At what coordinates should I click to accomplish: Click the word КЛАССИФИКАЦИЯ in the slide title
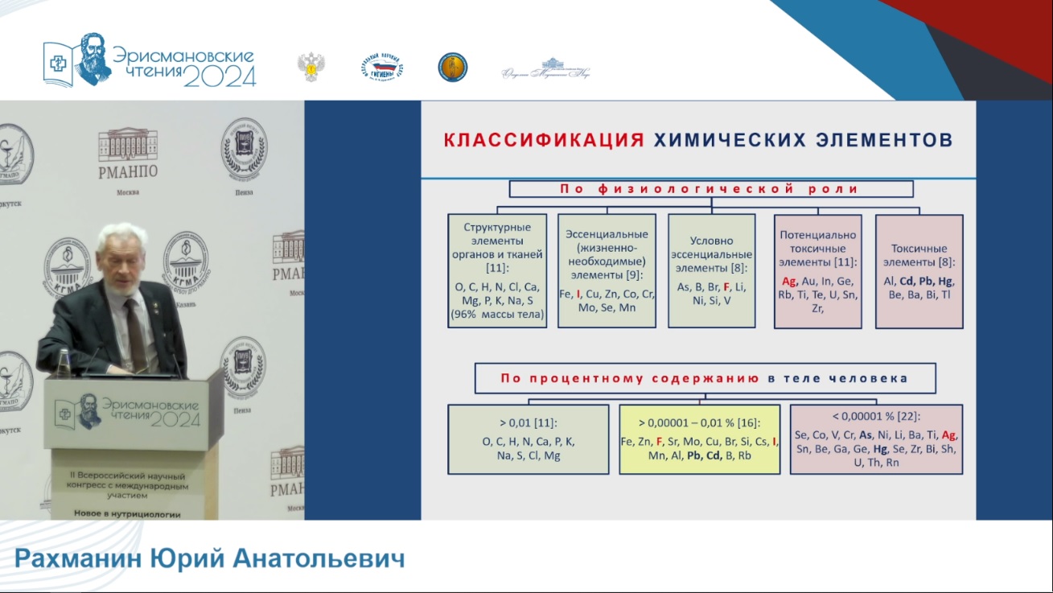tap(543, 140)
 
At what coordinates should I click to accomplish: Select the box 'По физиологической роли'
tap(710, 189)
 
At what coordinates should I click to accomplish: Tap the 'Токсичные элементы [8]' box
tap(919, 270)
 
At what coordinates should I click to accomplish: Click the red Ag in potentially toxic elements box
tap(788, 281)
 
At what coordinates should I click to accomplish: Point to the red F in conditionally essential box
tap(726, 286)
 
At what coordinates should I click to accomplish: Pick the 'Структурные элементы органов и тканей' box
tap(497, 270)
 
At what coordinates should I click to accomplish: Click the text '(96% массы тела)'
tap(497, 314)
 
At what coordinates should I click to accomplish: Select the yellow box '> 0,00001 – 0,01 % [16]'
tap(699, 439)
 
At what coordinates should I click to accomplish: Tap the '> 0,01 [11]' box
tap(528, 439)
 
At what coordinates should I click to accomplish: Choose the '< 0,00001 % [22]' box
tap(875, 439)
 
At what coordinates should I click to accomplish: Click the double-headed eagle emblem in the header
tap(311, 67)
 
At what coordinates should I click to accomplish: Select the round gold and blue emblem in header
tap(452, 67)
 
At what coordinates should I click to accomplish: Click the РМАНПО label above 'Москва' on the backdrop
tap(127, 171)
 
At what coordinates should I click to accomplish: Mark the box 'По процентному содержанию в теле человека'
tap(705, 377)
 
